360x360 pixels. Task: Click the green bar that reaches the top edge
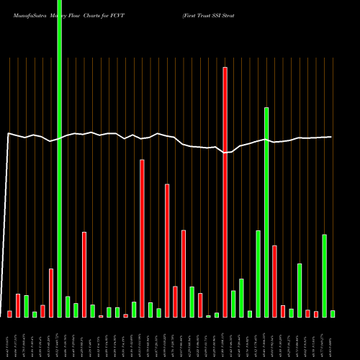tap(60, 158)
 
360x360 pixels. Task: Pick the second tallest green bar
tap(266, 212)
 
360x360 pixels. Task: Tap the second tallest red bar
tap(142, 238)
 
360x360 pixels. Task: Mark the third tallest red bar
tap(167, 251)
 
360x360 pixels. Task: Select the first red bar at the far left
tap(10, 314)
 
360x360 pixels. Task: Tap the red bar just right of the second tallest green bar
tap(274, 282)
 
